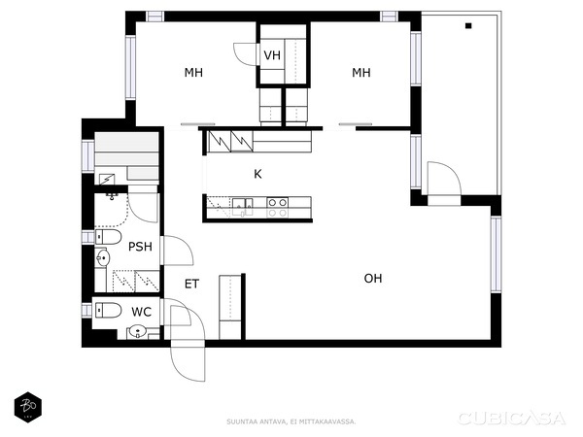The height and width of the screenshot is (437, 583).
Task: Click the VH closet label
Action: pyautogui.click(x=272, y=55)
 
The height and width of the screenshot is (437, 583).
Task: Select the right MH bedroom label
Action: pyautogui.click(x=361, y=73)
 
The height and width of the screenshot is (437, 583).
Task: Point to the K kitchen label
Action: pyautogui.click(x=257, y=175)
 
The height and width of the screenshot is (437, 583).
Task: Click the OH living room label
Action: pyautogui.click(x=373, y=279)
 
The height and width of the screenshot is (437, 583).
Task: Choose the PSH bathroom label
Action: pyautogui.click(x=140, y=247)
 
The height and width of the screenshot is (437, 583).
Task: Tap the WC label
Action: pyautogui.click(x=141, y=312)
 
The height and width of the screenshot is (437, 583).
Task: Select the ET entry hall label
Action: pyautogui.click(x=192, y=285)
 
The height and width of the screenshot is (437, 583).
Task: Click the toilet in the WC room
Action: pyautogui.click(x=107, y=311)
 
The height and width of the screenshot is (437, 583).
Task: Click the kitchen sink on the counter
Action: pyautogui.click(x=241, y=205)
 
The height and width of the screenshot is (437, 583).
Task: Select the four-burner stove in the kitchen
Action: pyautogui.click(x=277, y=206)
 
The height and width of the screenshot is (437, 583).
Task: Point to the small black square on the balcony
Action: pyautogui.click(x=469, y=26)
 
